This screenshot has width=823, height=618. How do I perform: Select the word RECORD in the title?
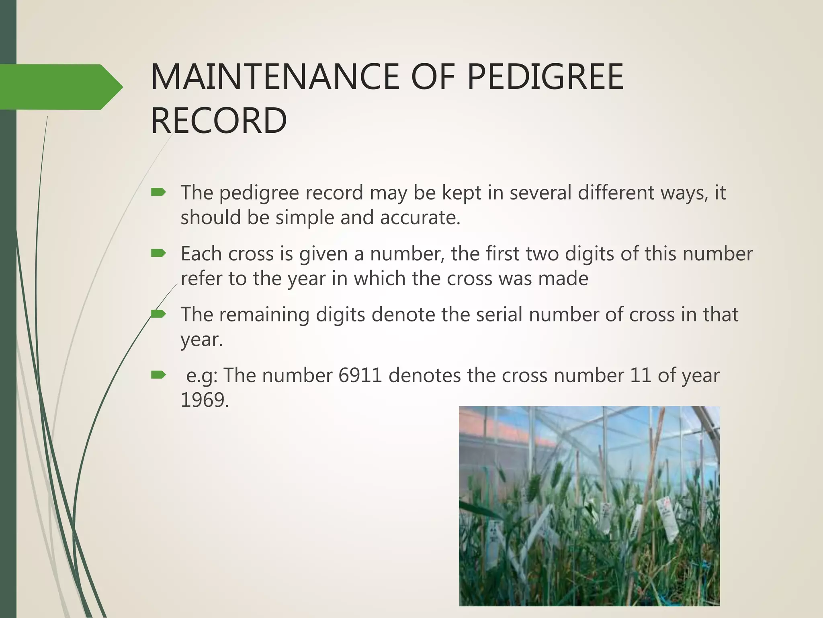pyautogui.click(x=219, y=120)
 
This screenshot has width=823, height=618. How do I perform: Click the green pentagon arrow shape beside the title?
pyautogui.click(x=60, y=87)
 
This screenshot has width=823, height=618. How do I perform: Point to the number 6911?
pyautogui.click(x=360, y=375)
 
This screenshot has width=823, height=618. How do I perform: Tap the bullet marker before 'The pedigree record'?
pyautogui.click(x=158, y=193)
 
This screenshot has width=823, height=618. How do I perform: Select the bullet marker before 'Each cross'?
pyautogui.click(x=158, y=253)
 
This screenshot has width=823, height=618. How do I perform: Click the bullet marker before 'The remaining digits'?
pyautogui.click(x=158, y=314)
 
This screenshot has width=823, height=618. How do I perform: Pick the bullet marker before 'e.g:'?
pyautogui.click(x=158, y=375)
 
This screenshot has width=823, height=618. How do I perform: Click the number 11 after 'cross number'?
pyautogui.click(x=641, y=375)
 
